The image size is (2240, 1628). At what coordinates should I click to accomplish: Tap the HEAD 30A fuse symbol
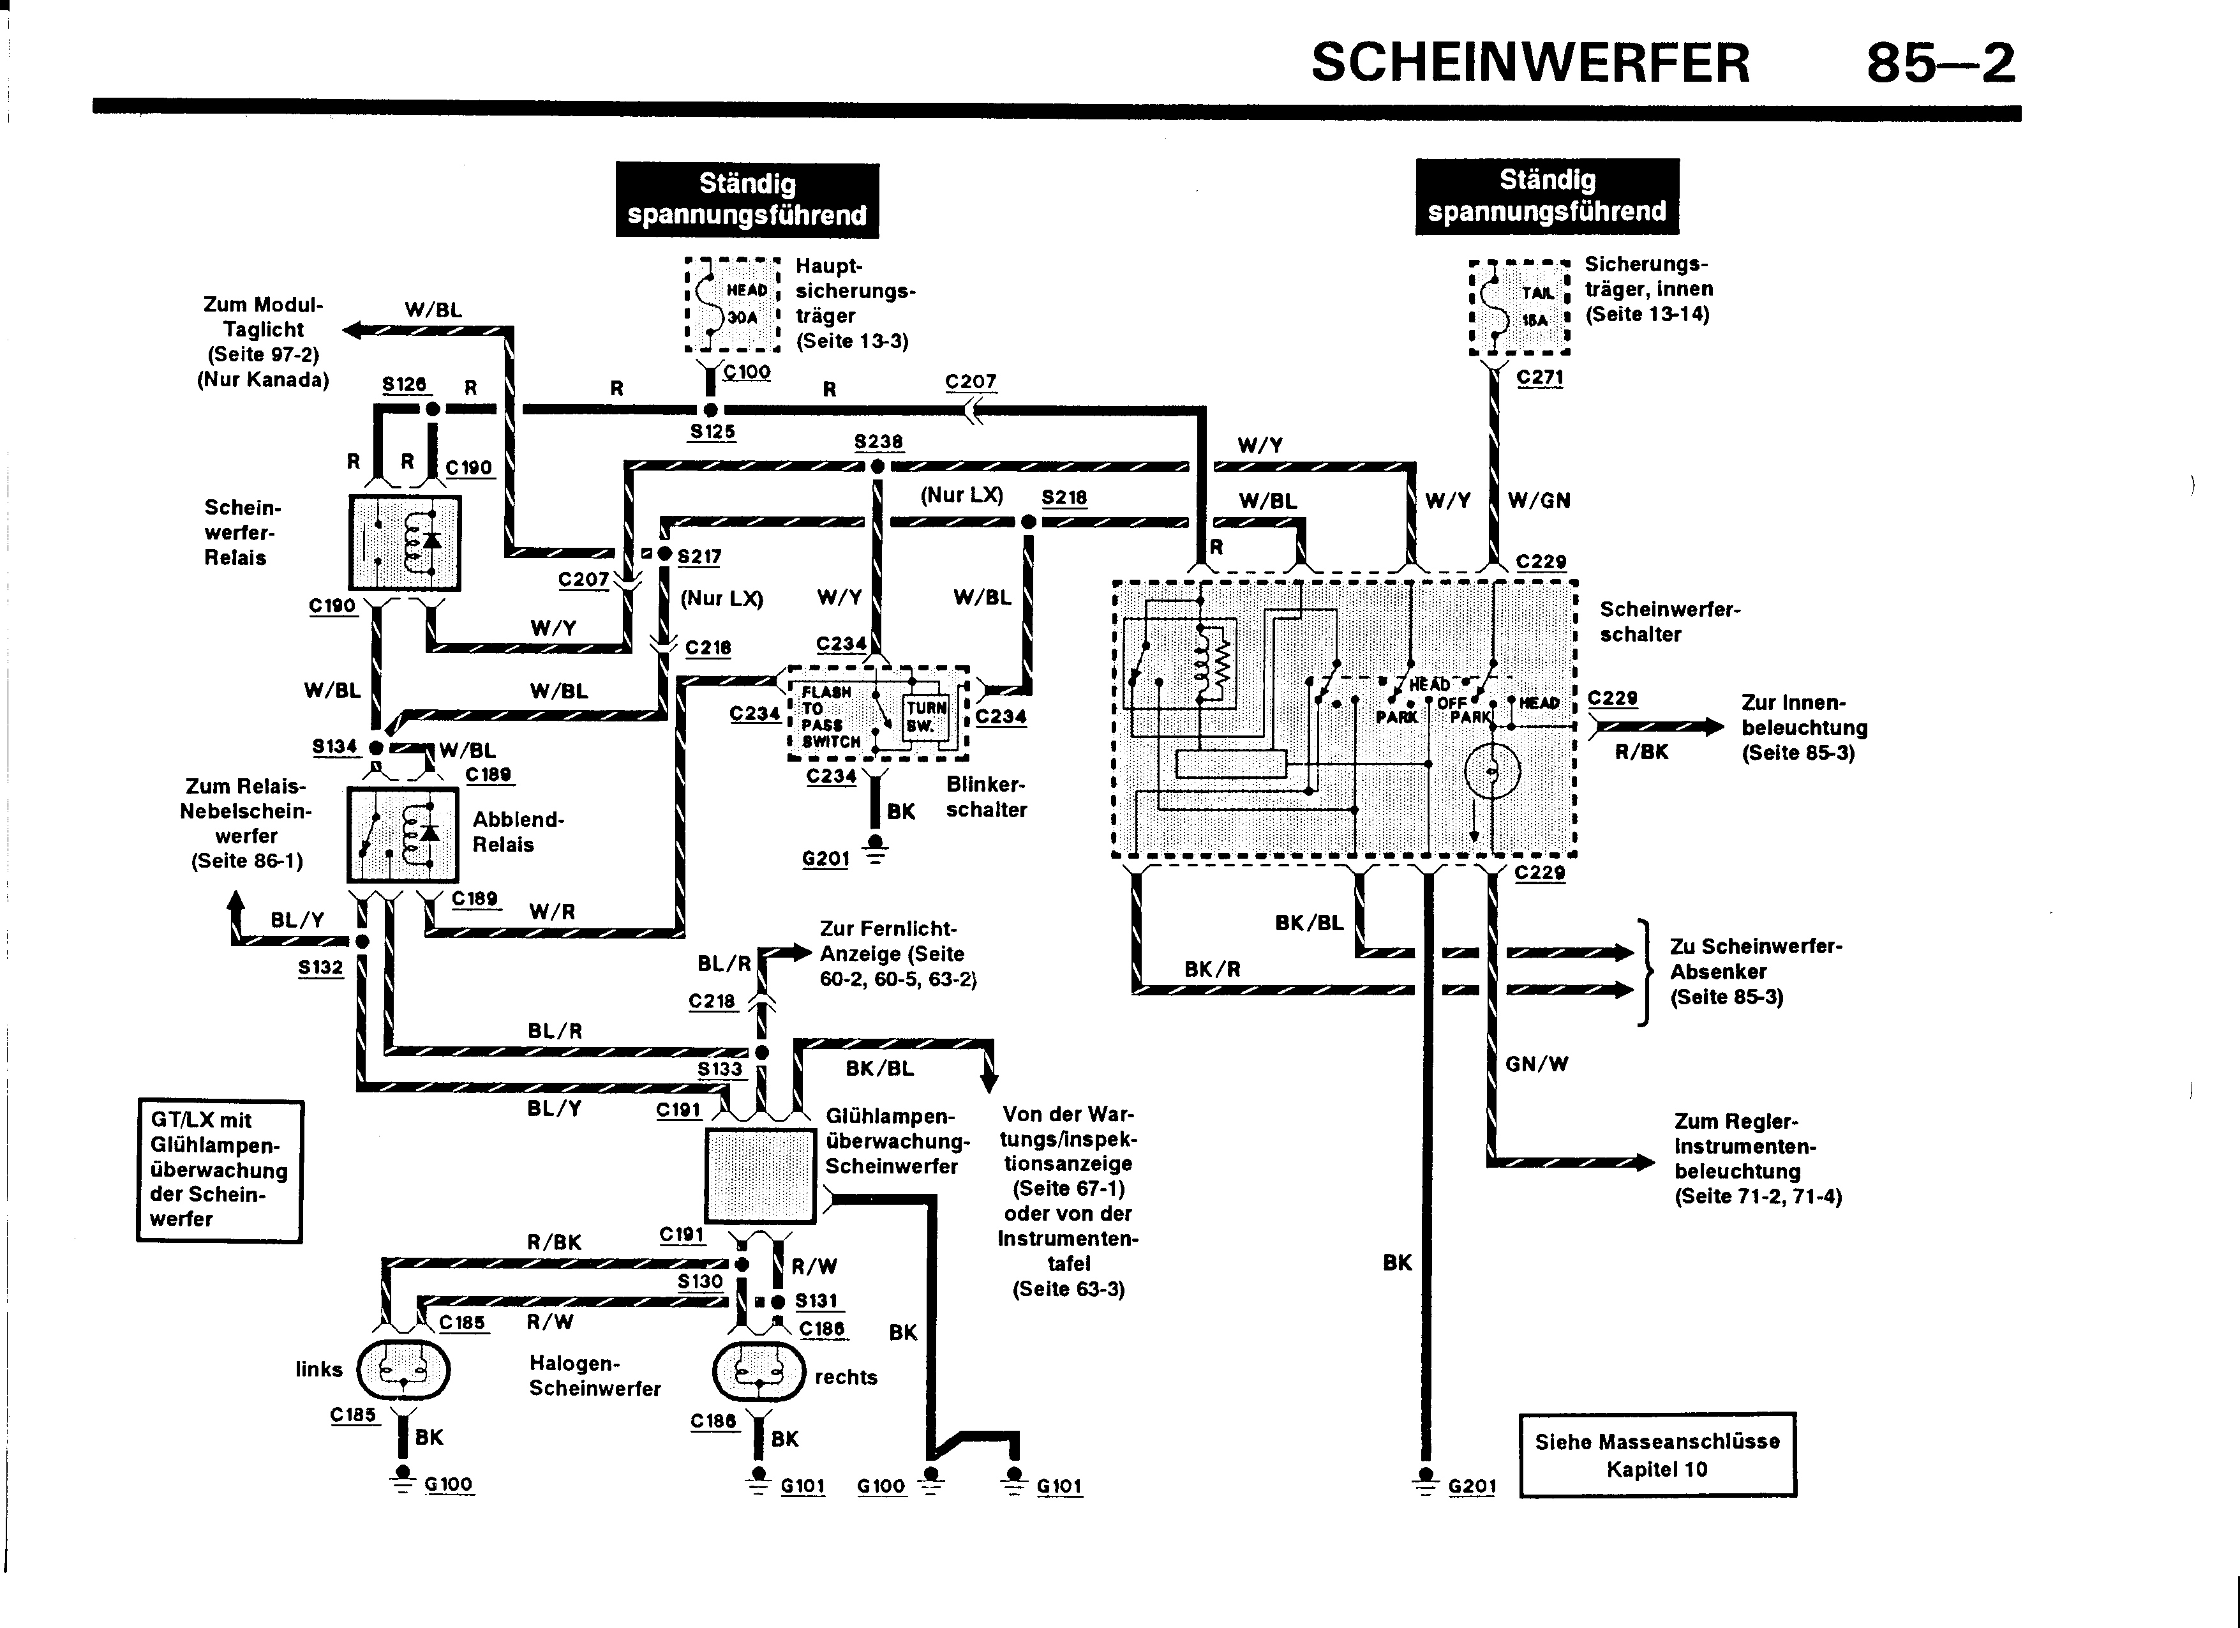click(733, 305)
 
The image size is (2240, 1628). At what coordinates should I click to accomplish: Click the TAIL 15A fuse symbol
click(1519, 307)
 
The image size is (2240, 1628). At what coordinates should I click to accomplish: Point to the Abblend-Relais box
click(403, 834)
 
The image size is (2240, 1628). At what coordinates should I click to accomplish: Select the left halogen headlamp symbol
click(402, 1369)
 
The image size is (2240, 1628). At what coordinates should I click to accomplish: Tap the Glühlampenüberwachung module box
click(759, 1175)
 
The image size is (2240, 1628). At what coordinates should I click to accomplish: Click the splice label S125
click(712, 432)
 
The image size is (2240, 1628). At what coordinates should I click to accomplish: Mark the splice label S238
click(878, 442)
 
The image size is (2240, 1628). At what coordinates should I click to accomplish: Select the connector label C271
click(1539, 377)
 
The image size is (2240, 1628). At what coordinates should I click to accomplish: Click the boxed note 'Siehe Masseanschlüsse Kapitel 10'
click(1656, 1455)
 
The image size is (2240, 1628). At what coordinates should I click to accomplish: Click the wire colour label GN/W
click(1536, 1064)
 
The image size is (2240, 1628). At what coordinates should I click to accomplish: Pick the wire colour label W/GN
click(1539, 501)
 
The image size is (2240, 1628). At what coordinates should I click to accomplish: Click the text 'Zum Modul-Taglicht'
click(263, 317)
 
